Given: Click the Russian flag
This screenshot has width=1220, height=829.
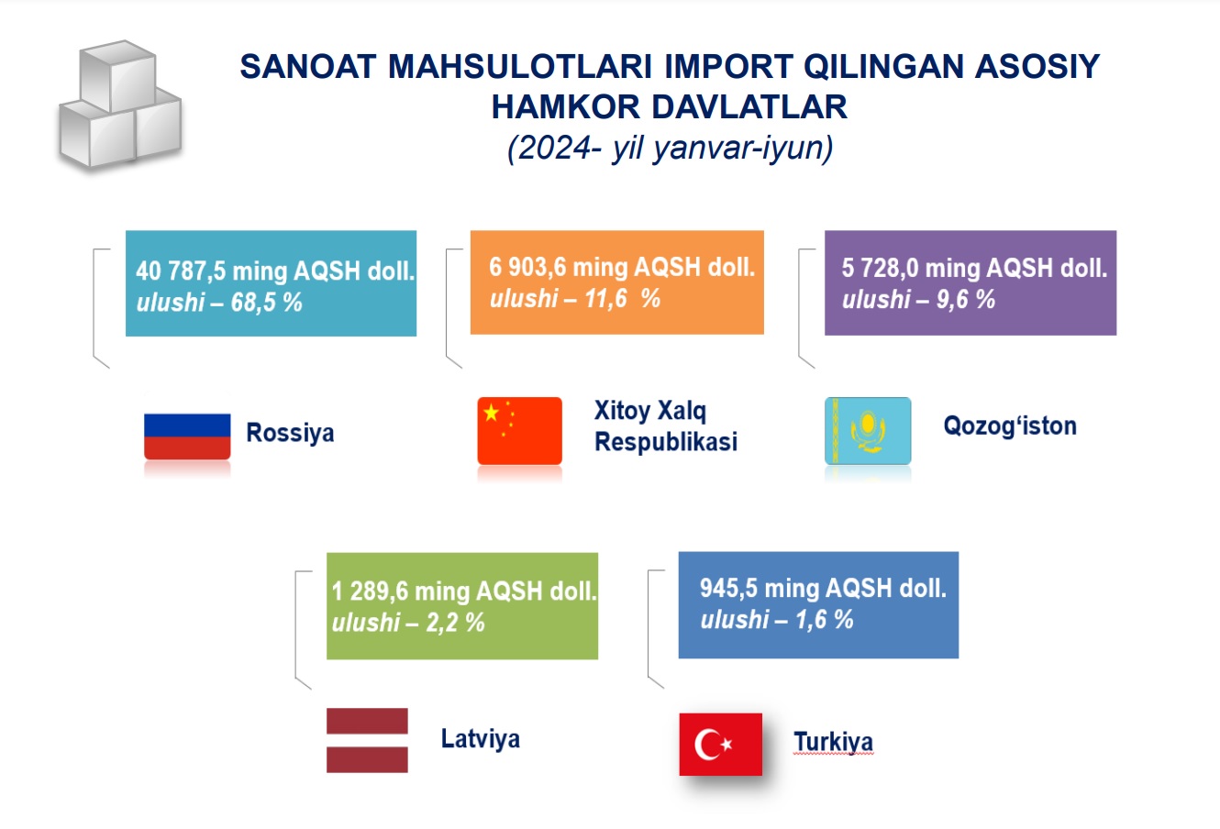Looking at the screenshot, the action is [187, 437].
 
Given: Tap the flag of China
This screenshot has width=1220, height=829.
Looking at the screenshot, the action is [519, 431].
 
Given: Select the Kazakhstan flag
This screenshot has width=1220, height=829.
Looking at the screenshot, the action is [868, 431].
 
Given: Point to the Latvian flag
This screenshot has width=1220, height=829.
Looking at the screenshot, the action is [367, 740].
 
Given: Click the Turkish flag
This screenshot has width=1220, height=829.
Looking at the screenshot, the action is [721, 744].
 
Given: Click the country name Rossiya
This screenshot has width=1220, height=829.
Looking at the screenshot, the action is [290, 433].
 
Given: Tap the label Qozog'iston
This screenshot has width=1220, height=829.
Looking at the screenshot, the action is [1010, 426].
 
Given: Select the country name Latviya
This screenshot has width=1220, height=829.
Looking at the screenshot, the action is [480, 739].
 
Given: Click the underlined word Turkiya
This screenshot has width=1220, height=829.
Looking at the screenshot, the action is [833, 742].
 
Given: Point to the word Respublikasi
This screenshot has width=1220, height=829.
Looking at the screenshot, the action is [666, 441].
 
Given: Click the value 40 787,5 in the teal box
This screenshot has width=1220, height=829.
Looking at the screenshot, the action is [181, 271].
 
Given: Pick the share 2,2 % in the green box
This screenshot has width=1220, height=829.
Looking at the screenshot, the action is [455, 622].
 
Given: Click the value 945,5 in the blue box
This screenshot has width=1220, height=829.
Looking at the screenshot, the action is [728, 588].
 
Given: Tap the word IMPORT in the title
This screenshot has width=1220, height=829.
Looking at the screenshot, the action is [727, 66].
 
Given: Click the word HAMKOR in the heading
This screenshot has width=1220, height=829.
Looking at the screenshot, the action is [565, 106].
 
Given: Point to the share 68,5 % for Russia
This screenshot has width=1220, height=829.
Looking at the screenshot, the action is [266, 302].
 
